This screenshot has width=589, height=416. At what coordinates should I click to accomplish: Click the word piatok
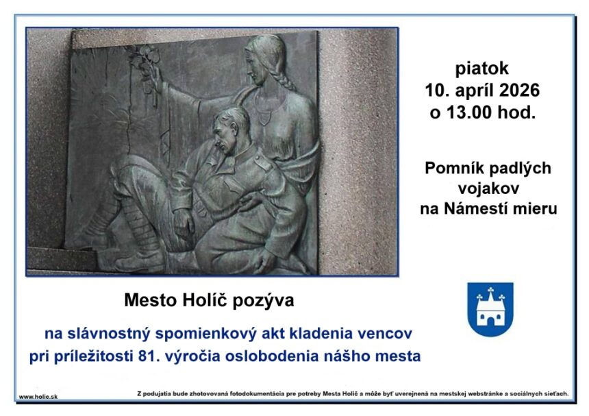pos(481,68)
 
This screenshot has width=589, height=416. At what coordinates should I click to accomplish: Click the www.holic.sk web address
pos(38,396)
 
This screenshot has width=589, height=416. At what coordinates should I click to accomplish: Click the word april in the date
pos(479,90)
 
